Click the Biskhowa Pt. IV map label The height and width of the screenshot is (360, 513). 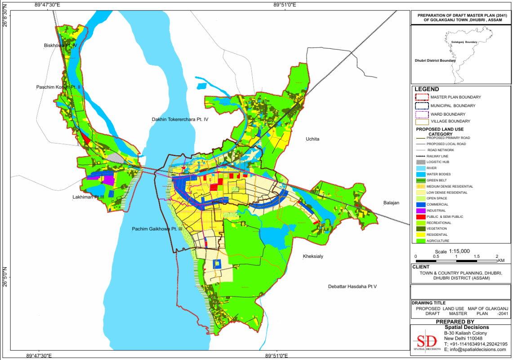(x=61, y=45)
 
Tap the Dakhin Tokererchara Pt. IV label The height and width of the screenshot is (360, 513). (x=180, y=119)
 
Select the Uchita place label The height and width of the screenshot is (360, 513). (x=312, y=139)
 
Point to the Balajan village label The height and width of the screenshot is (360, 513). (x=391, y=203)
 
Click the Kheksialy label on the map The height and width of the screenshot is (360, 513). (x=313, y=256)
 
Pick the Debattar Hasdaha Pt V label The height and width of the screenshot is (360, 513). (x=352, y=286)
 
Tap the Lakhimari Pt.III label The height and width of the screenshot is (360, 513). (x=88, y=197)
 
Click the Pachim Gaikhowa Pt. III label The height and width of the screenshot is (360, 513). (x=157, y=229)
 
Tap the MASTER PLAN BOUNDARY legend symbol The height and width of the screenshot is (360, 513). (x=422, y=97)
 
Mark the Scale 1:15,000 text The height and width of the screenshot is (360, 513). (x=452, y=251)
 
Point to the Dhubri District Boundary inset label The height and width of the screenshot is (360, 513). (x=435, y=60)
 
